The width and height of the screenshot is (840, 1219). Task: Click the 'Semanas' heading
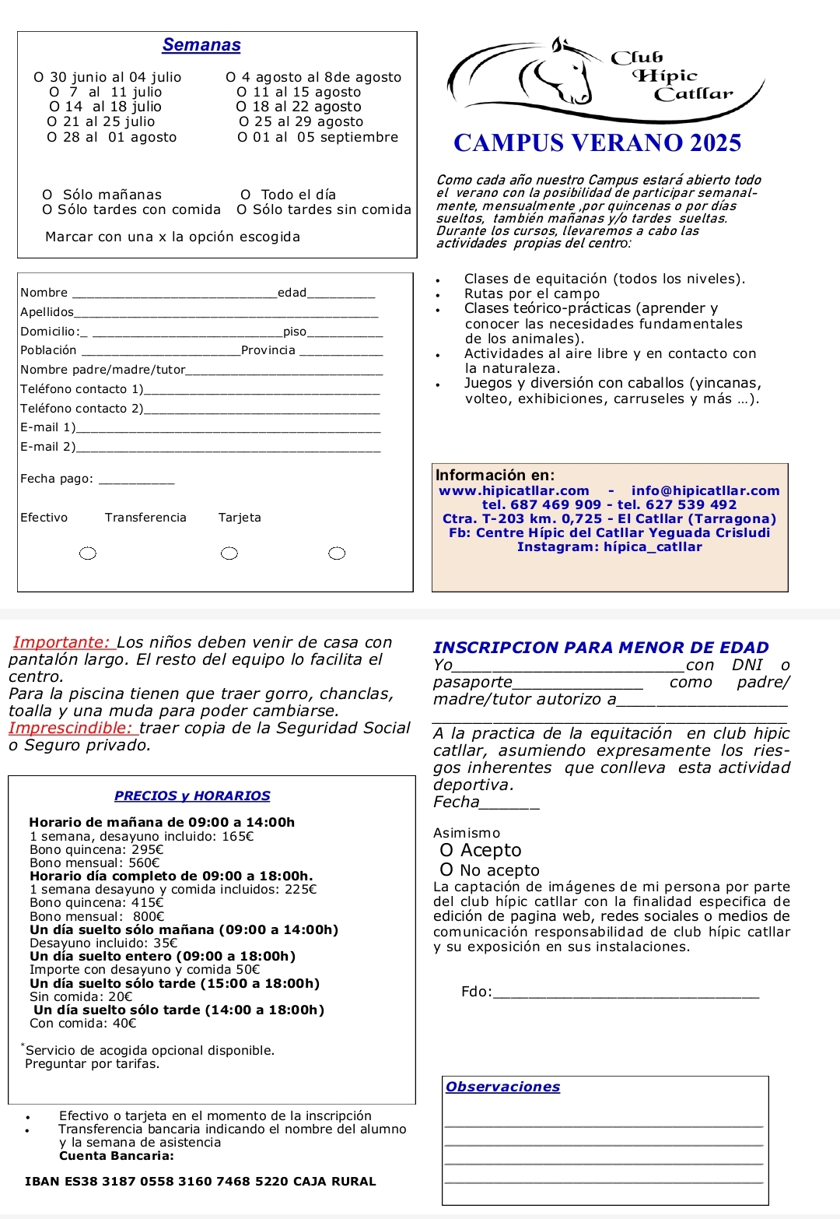[201, 45]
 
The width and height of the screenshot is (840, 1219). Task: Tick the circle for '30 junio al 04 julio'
[39, 77]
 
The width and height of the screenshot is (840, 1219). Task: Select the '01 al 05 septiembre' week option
[243, 138]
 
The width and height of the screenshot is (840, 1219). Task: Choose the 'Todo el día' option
[246, 195]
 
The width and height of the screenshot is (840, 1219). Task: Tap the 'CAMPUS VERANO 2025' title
[597, 143]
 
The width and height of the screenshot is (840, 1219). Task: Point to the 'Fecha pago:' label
[57, 479]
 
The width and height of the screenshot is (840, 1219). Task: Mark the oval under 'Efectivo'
[89, 553]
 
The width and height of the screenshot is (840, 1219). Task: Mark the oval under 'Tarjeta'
[337, 553]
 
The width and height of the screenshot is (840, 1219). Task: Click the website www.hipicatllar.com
[514, 490]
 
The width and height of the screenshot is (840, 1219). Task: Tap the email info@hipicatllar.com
[705, 490]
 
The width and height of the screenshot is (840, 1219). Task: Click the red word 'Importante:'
[62, 642]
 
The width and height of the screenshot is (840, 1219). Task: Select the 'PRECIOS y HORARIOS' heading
[192, 796]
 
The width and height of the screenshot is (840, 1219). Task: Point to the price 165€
[238, 837]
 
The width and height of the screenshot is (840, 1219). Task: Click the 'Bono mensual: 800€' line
[97, 916]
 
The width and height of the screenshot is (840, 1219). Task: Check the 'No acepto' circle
[446, 869]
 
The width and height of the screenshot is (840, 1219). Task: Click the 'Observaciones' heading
[502, 1087]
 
